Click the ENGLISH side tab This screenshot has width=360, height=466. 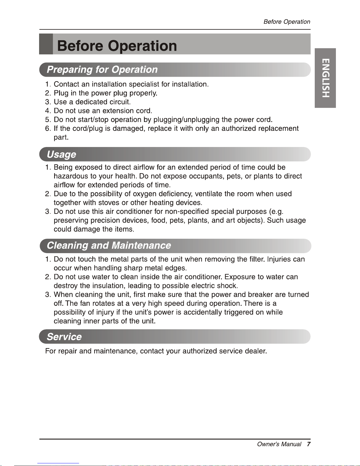tap(325, 78)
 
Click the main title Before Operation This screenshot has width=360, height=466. tap(117, 46)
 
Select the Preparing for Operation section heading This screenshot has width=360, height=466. tap(102, 70)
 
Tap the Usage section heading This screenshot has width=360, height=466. tap(61, 154)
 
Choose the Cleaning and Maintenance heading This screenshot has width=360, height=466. tap(109, 245)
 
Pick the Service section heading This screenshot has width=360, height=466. tap(64, 337)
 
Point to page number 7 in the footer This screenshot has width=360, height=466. tap(309, 444)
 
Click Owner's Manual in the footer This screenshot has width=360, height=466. tap(279, 444)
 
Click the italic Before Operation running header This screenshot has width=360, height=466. tap(287, 22)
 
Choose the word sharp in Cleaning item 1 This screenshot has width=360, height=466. tap(133, 268)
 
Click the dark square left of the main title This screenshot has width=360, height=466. tap(46, 44)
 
